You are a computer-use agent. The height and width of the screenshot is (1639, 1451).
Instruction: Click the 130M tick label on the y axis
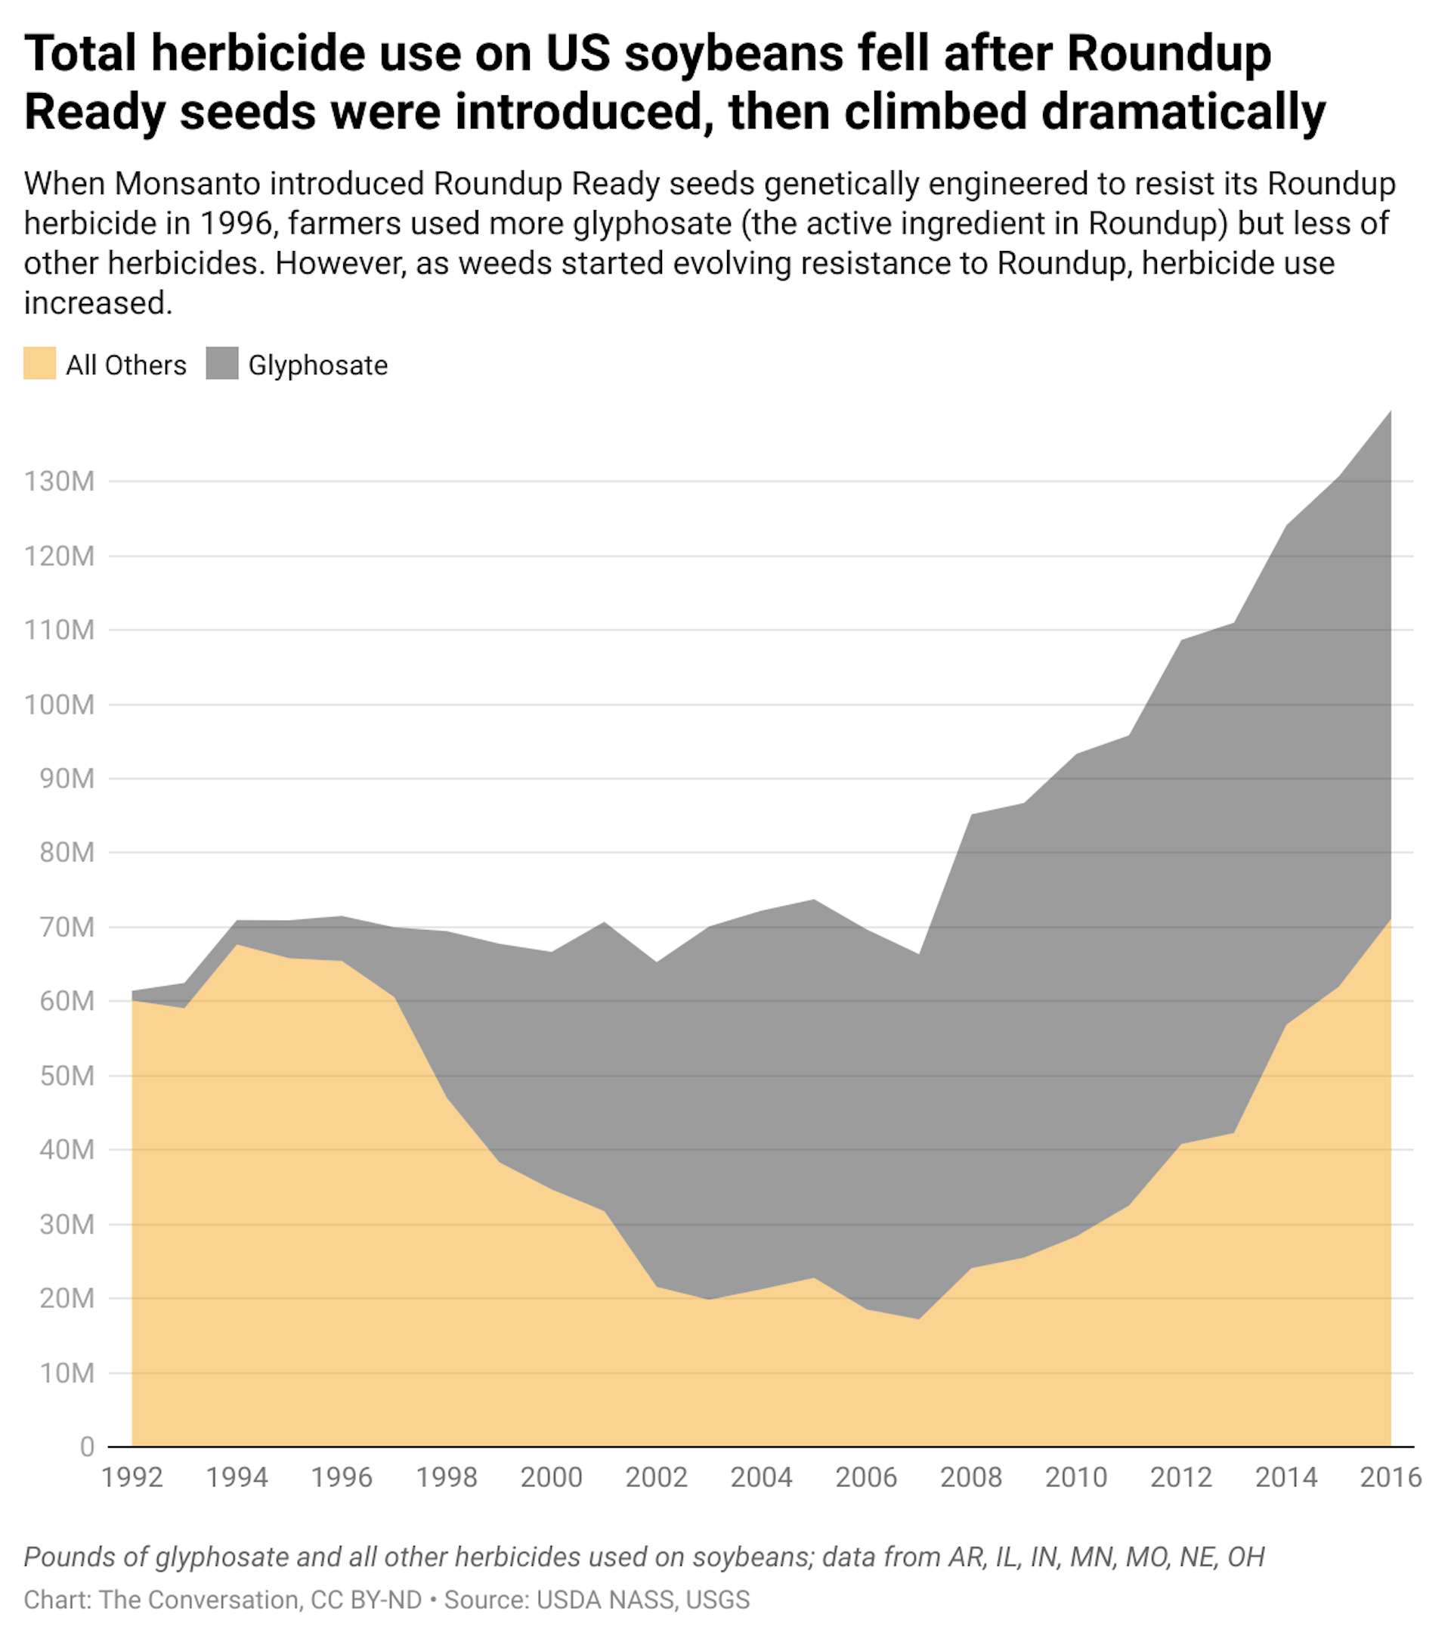pos(59,481)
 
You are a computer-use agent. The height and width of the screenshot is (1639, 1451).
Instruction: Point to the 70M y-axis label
pos(67,927)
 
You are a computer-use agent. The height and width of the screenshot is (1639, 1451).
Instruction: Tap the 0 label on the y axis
pos(87,1448)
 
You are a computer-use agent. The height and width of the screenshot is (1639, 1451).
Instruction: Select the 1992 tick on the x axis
pos(132,1477)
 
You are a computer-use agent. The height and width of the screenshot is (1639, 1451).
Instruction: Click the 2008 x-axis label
pos(971,1477)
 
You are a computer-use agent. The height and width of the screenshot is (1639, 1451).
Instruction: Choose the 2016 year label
pos(1390,1477)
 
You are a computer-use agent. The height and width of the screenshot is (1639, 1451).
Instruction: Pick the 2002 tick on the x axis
pos(657,1477)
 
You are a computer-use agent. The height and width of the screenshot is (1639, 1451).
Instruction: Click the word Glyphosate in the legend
pos(317,366)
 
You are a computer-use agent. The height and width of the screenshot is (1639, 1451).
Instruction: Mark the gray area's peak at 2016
pos(1389,413)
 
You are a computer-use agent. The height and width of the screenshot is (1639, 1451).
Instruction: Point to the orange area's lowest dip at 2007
pos(919,1319)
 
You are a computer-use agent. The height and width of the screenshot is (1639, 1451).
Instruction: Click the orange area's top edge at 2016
pos(1389,919)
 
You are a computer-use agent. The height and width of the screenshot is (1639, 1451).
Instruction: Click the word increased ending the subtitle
pos(97,303)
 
